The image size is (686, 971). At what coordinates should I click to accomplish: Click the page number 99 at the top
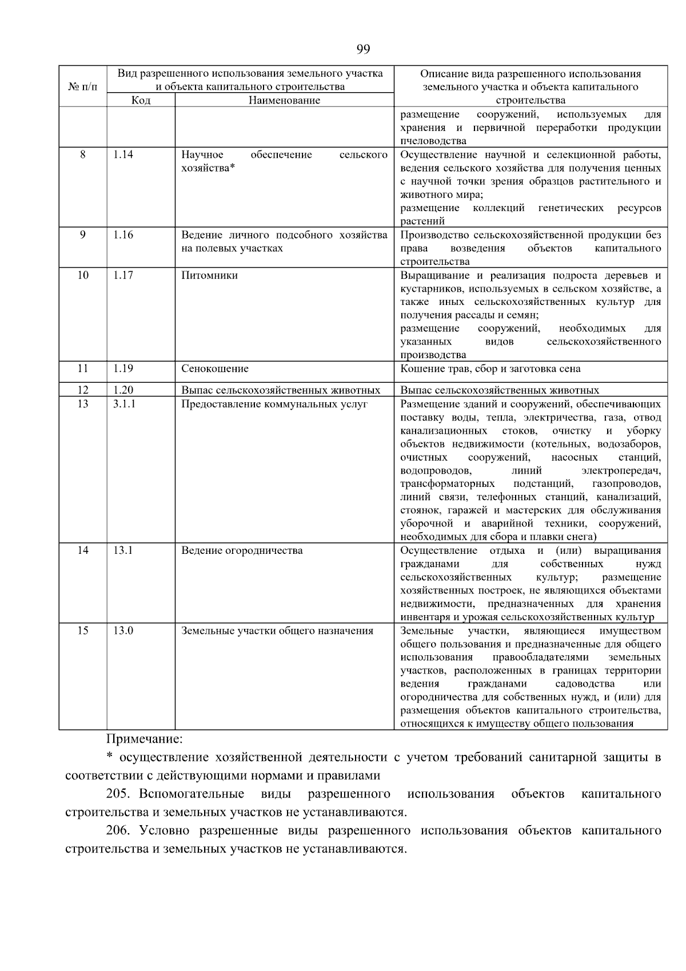pos(363,49)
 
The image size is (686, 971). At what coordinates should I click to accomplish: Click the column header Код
pos(141,100)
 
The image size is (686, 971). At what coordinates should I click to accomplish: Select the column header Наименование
pos(284,100)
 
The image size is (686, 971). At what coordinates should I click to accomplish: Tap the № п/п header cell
pos(83,87)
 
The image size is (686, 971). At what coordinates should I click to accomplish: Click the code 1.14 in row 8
pos(123,154)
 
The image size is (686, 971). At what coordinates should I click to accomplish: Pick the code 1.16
pos(123,235)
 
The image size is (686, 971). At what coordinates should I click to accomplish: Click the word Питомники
pos(209,275)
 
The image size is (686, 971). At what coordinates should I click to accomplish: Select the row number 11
pos(83,368)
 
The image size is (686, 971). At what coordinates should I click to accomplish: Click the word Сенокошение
pos(215,368)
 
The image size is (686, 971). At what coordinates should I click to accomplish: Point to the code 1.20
pos(123,390)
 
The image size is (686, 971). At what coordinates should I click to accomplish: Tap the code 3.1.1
pos(124,404)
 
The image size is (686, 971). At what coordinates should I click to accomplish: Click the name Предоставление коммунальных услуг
pos(274,404)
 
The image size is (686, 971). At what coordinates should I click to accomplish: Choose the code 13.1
pos(123,550)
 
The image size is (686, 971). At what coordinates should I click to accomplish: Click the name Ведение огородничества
pos(242,550)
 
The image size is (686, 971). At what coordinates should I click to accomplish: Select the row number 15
pos(83,631)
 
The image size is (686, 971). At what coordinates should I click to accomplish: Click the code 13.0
pos(123,631)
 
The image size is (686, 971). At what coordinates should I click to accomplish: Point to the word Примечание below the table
pos(145,739)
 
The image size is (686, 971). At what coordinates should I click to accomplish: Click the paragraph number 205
pos(118,794)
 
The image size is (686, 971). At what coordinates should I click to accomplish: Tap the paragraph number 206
pos(118,830)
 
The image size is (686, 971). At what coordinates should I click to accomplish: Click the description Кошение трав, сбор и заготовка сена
pos(490,368)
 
